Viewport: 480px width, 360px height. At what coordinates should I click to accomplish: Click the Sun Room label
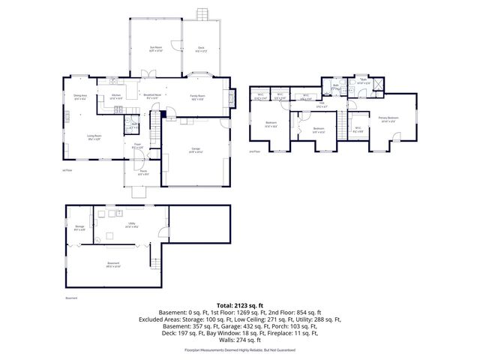pyautogui.click(x=156, y=49)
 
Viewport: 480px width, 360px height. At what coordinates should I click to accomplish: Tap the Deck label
pyautogui.click(x=201, y=49)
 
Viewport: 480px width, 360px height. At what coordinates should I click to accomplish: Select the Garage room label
pyautogui.click(x=193, y=152)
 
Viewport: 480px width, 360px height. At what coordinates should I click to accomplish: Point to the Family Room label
pyautogui.click(x=198, y=97)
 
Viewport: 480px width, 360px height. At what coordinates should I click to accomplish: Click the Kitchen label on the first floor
pyautogui.click(x=116, y=97)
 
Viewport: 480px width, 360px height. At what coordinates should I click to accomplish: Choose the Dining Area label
pyautogui.click(x=80, y=97)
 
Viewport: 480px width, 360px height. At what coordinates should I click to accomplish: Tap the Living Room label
pyautogui.click(x=94, y=137)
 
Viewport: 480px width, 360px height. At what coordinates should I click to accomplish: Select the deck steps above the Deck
pyautogui.click(x=202, y=14)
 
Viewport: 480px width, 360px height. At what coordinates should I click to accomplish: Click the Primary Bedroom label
pyautogui.click(x=388, y=118)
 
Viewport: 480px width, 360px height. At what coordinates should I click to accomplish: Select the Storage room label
pyautogui.click(x=79, y=227)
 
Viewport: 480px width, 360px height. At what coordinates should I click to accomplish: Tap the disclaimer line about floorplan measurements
pyautogui.click(x=239, y=350)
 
